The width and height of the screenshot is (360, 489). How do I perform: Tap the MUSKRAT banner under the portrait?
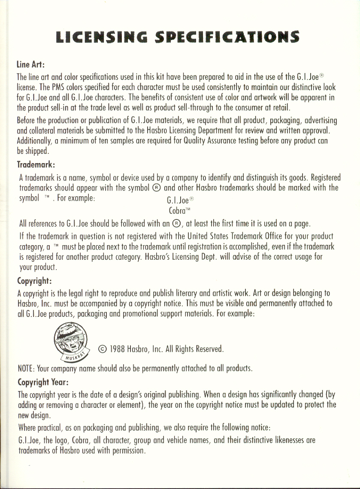[74, 356]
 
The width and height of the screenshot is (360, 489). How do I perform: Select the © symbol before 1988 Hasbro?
[103, 349]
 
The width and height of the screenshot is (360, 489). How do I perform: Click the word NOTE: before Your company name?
[26, 369]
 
